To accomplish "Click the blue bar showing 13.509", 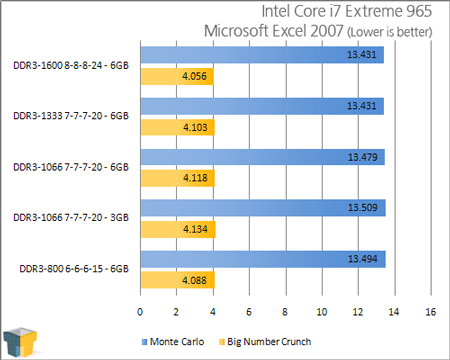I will pos(262,207).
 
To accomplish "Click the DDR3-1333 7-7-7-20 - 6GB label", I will pos(72,115).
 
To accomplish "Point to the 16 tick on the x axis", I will pos(430,311).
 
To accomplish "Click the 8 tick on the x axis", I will pos(285,311).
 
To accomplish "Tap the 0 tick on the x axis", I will pos(140,311).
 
